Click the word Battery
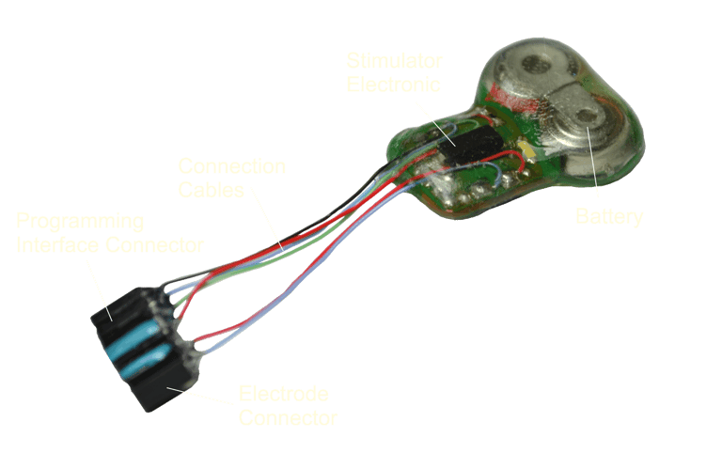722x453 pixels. tap(610, 218)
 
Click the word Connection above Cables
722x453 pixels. tap(232, 167)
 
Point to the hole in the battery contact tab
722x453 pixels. tap(589, 116)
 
